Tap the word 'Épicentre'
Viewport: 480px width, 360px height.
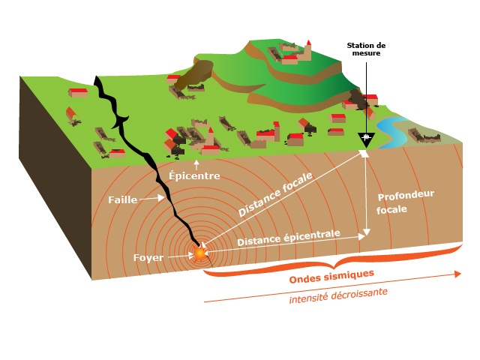(x=194, y=177)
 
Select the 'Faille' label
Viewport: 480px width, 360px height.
(x=123, y=199)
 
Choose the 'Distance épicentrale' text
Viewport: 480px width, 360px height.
(x=288, y=238)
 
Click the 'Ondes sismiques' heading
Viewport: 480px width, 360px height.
(x=331, y=277)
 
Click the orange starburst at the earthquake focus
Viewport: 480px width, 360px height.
(x=200, y=253)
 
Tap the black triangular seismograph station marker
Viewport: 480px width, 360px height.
(x=366, y=139)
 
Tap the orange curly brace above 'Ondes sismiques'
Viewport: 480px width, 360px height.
(x=330, y=260)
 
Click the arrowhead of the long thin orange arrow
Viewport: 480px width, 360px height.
(x=458, y=274)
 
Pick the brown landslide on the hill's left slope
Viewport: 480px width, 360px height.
(x=199, y=73)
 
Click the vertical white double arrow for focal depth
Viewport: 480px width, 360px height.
(x=365, y=195)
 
